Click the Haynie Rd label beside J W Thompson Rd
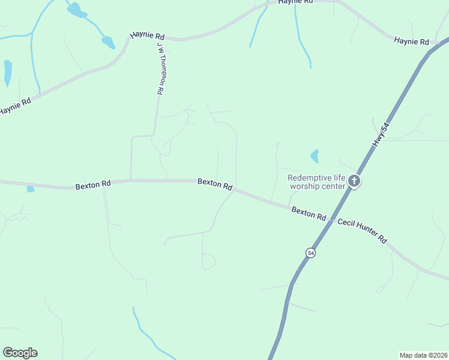tap(148, 37)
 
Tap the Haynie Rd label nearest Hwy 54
tap(411, 41)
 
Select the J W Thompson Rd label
tap(160, 68)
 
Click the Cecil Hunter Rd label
tap(362, 230)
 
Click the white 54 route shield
tap(310, 253)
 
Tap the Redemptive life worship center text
tap(317, 181)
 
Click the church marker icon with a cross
tap(354, 181)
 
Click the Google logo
tap(20, 353)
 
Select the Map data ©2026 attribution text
tap(423, 355)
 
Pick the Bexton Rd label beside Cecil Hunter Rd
tap(309, 213)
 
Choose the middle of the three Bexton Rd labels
tap(215, 184)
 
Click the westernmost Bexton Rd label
tap(93, 185)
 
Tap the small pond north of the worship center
tap(315, 157)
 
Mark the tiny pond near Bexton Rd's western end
tap(31, 189)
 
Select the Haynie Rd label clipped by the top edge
tap(295, 2)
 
